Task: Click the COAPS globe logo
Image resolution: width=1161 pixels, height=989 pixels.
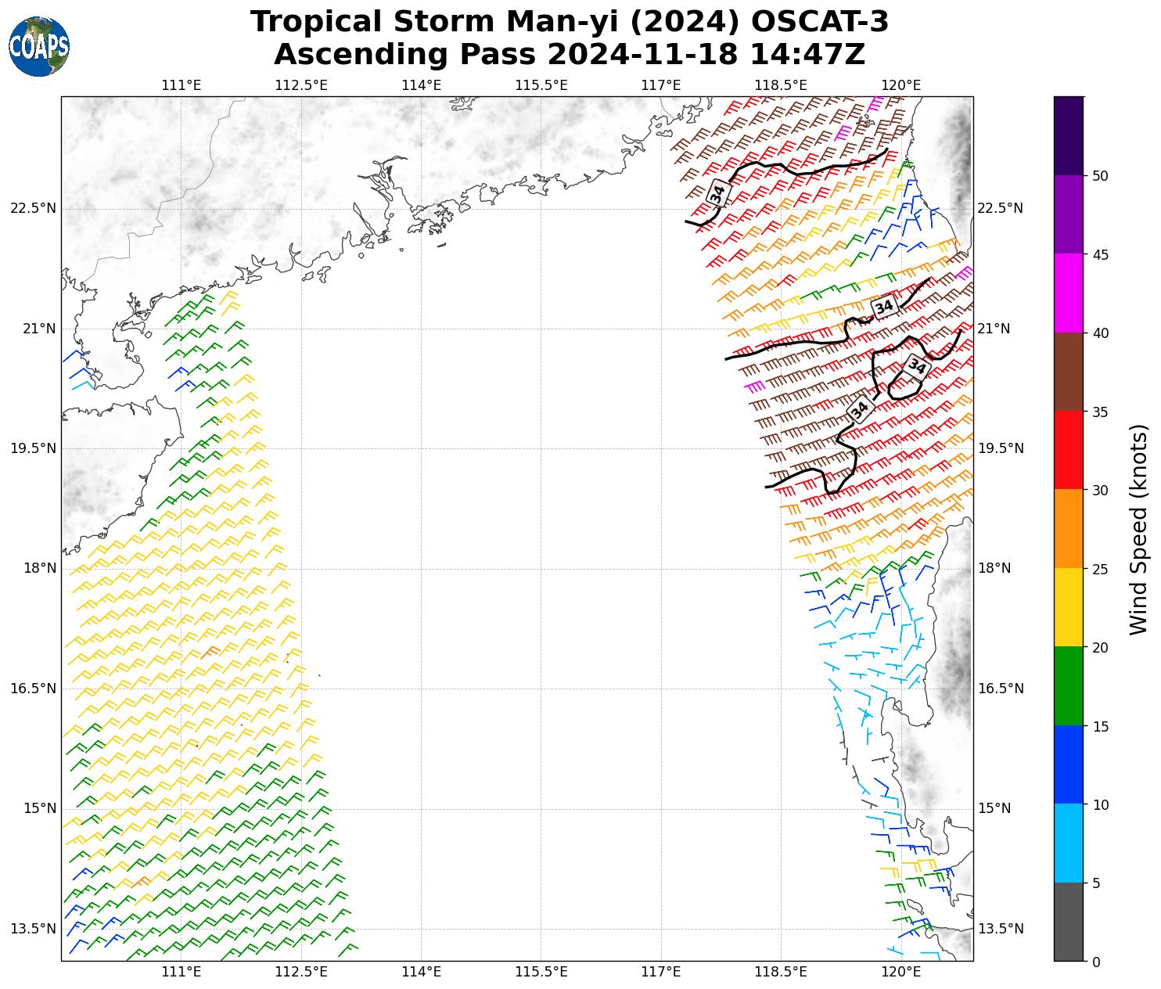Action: [x=38, y=46]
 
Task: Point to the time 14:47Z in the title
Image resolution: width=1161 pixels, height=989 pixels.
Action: [x=807, y=55]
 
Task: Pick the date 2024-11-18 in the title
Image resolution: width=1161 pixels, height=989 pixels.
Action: [x=644, y=55]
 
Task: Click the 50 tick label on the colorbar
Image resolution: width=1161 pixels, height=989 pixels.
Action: [x=1100, y=176]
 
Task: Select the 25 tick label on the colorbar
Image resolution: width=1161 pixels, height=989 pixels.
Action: [x=1100, y=569]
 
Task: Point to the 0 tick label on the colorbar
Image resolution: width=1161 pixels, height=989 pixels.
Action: [x=1096, y=962]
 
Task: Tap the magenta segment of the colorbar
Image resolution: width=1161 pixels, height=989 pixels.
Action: [x=1069, y=293]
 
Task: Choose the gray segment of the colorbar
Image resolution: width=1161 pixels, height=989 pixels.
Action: [x=1069, y=922]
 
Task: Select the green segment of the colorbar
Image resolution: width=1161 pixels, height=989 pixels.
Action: [x=1069, y=686]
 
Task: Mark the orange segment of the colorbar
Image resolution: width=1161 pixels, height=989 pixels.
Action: [x=1069, y=529]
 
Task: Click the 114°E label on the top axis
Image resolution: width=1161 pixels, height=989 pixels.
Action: [x=421, y=85]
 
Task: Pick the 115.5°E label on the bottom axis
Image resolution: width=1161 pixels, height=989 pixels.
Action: [x=541, y=972]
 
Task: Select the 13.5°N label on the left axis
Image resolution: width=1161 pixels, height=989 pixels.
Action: [x=34, y=929]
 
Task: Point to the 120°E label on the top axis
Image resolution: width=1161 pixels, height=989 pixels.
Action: [x=900, y=85]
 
